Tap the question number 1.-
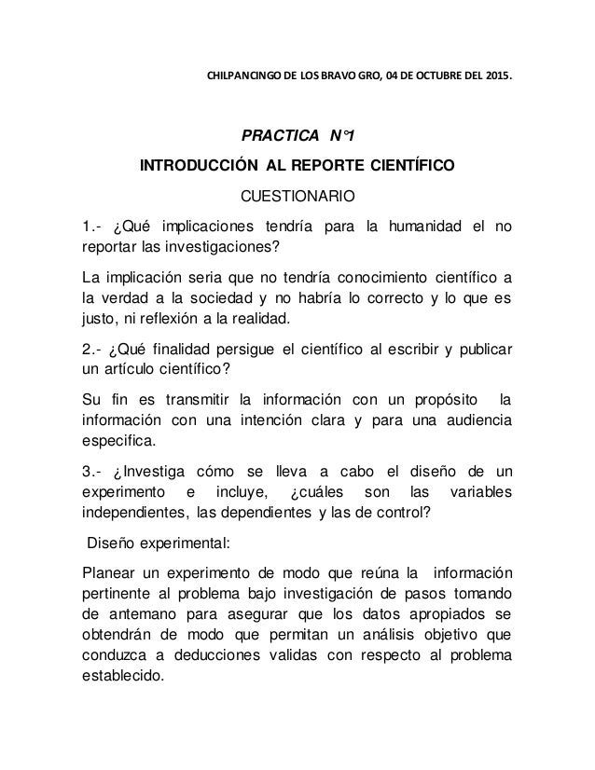pyautogui.click(x=93, y=227)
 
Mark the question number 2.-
pyautogui.click(x=93, y=351)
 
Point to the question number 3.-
pyautogui.click(x=93, y=475)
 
